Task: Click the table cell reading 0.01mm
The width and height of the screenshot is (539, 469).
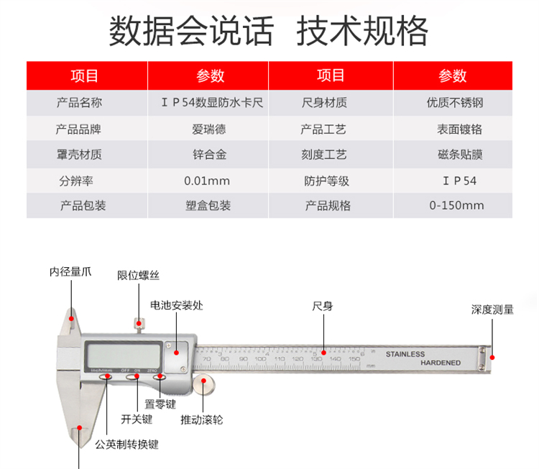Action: (x=207, y=180)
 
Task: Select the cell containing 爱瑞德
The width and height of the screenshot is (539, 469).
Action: (x=207, y=130)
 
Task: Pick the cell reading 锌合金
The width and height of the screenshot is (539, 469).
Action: (x=207, y=154)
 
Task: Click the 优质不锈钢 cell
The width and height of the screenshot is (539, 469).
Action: (x=454, y=103)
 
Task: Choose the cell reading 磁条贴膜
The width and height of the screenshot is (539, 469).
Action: (x=454, y=154)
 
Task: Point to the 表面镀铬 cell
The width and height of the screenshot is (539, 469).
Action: (x=454, y=130)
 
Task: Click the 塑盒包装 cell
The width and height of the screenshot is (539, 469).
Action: (x=207, y=205)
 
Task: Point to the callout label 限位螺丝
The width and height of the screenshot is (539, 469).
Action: (x=138, y=275)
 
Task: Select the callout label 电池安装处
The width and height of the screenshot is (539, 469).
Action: (x=176, y=305)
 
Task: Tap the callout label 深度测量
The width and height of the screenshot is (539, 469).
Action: (x=492, y=310)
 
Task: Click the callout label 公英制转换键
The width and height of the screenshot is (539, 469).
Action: (x=126, y=444)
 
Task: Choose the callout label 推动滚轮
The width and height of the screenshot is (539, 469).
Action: (x=201, y=419)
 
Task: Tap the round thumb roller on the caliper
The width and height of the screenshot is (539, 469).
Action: (x=205, y=386)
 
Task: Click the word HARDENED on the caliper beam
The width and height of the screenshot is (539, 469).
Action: (x=441, y=363)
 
